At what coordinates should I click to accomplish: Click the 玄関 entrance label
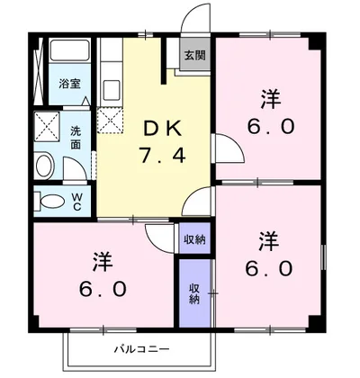pyautogui.click(x=194, y=56)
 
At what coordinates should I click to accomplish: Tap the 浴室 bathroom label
pyautogui.click(x=69, y=84)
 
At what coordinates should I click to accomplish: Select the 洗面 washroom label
pyautogui.click(x=79, y=135)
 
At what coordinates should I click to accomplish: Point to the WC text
pyautogui.click(x=77, y=201)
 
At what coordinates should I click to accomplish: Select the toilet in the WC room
pyautogui.click(x=53, y=202)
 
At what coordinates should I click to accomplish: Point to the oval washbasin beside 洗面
pyautogui.click(x=44, y=166)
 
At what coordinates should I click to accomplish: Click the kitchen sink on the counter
pyautogui.click(x=112, y=91)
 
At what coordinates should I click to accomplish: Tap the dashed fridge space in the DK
pyautogui.click(x=112, y=118)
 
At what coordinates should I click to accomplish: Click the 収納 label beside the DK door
pyautogui.click(x=194, y=238)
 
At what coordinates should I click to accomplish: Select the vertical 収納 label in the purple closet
pyautogui.click(x=194, y=292)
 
